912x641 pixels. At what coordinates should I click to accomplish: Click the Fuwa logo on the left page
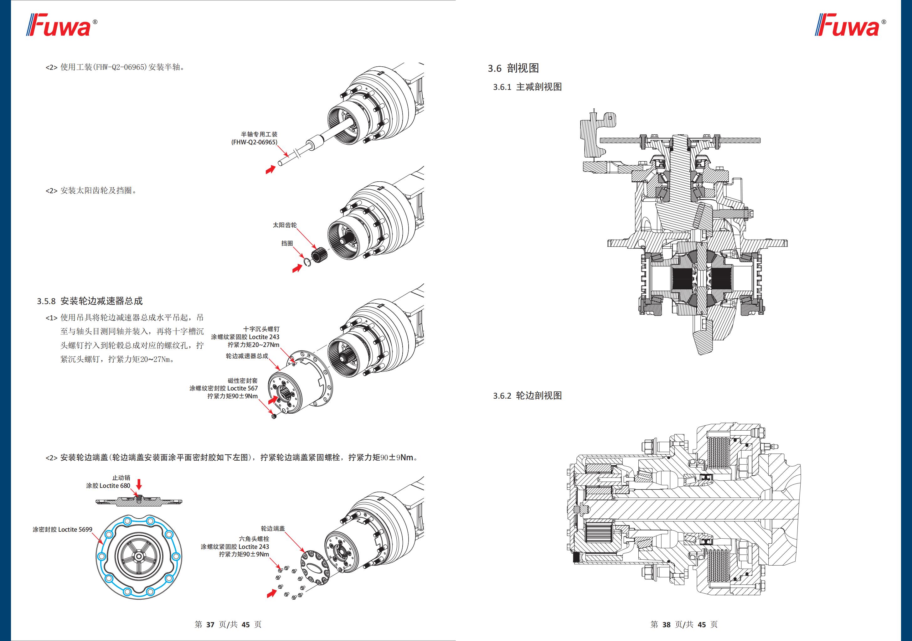(62, 25)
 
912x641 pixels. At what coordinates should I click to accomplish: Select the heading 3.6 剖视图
(513, 68)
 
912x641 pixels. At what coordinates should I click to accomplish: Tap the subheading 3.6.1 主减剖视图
(528, 87)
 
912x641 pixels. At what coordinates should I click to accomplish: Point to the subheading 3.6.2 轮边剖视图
(528, 396)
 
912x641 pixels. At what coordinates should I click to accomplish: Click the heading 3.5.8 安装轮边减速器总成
(90, 301)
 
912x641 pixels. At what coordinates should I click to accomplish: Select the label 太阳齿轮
(284, 225)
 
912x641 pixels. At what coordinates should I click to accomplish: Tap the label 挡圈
(287, 243)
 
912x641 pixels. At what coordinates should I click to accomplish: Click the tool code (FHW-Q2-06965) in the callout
(254, 142)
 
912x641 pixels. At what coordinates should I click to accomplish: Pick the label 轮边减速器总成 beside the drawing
(247, 356)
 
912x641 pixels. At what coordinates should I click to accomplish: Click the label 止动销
(121, 478)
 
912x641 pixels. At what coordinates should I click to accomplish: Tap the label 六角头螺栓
(254, 539)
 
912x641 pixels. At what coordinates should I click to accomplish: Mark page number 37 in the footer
(210, 624)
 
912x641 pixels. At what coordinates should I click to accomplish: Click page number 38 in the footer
(666, 624)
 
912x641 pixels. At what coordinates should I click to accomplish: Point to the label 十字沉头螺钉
(261, 329)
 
